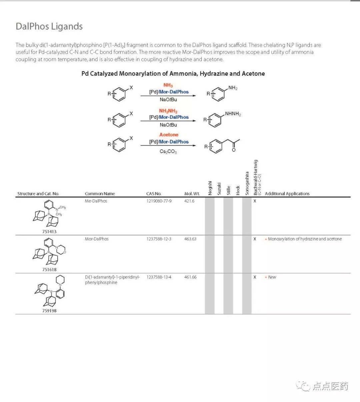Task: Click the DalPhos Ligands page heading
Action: coord(49,27)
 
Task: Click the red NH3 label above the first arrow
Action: coord(168,86)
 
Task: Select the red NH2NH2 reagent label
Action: coord(168,111)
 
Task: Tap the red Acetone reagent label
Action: coord(169,135)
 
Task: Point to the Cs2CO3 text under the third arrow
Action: coord(168,152)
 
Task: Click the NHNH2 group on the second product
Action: coord(233,114)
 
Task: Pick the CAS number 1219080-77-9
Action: coord(159,201)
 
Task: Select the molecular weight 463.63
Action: coord(190,239)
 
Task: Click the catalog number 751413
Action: coord(49,231)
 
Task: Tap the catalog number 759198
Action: coord(49,311)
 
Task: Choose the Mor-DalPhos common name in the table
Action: coord(97,239)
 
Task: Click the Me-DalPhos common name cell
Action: coord(96,201)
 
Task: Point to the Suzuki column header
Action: coord(219,189)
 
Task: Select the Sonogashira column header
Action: coord(247,184)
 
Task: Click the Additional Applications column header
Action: coord(287,194)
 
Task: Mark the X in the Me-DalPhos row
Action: coord(255,201)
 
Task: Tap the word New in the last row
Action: coord(272,277)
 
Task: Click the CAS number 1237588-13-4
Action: coord(159,277)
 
